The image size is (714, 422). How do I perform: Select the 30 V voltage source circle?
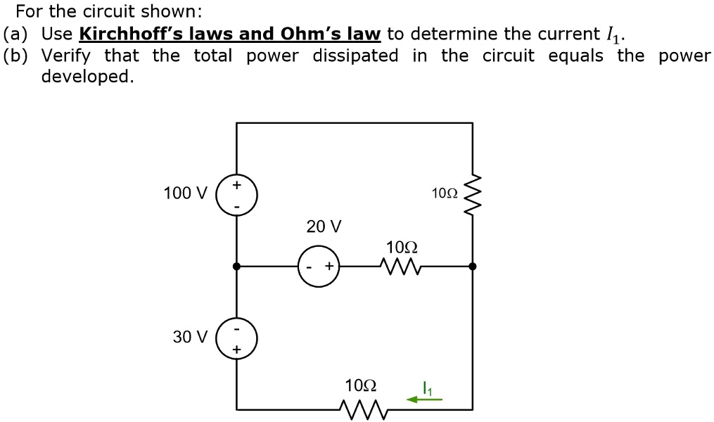point(237,338)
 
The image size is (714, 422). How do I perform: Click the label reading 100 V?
point(185,193)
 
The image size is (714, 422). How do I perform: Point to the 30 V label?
point(190,337)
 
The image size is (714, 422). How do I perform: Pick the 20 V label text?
point(324,226)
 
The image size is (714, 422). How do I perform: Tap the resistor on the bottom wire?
point(360,408)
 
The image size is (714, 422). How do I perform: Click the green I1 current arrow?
point(425,399)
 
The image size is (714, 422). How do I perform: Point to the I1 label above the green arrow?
point(426,386)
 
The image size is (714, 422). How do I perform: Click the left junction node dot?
point(237,267)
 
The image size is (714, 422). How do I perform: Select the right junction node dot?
point(472,267)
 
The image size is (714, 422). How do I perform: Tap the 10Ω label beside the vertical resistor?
point(445,193)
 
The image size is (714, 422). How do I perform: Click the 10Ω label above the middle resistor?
point(402,247)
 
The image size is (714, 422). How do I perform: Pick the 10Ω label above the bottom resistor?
point(361,385)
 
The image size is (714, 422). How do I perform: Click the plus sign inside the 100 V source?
point(237,185)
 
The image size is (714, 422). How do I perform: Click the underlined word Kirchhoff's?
point(124,34)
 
